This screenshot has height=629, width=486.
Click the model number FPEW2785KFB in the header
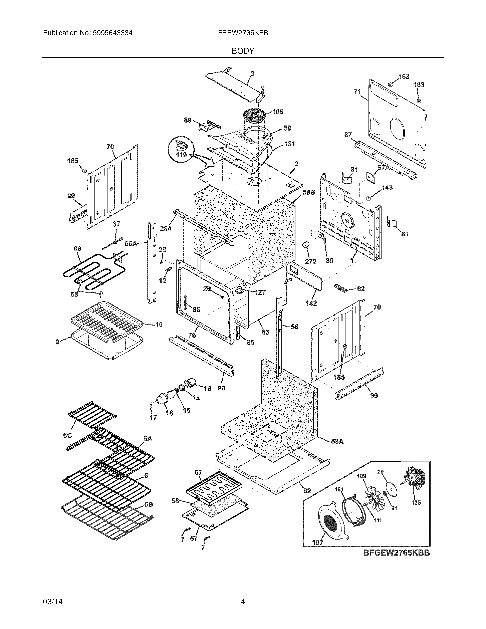tap(243, 33)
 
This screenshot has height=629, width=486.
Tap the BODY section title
tap(243, 51)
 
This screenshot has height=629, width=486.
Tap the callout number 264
tap(166, 228)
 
